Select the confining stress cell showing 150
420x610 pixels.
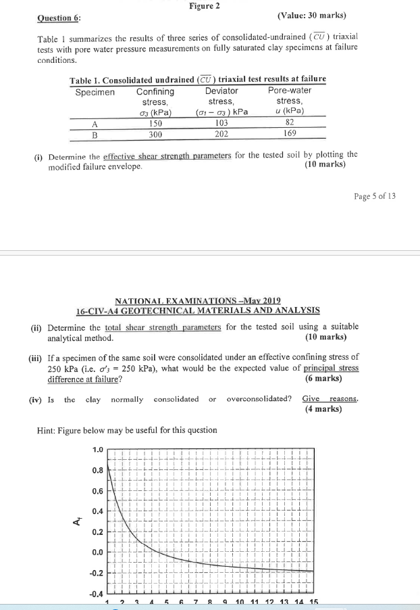click(x=155, y=123)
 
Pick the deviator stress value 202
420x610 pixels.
click(x=221, y=134)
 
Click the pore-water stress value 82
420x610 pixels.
click(x=290, y=123)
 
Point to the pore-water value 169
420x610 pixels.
click(x=290, y=134)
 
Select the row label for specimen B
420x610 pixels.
click(x=95, y=134)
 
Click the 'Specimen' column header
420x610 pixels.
click(x=95, y=91)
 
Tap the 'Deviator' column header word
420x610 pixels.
click(x=221, y=91)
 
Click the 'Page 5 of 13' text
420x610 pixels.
click(x=375, y=196)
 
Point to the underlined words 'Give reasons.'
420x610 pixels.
click(x=330, y=398)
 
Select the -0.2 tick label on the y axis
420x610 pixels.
click(x=95, y=573)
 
